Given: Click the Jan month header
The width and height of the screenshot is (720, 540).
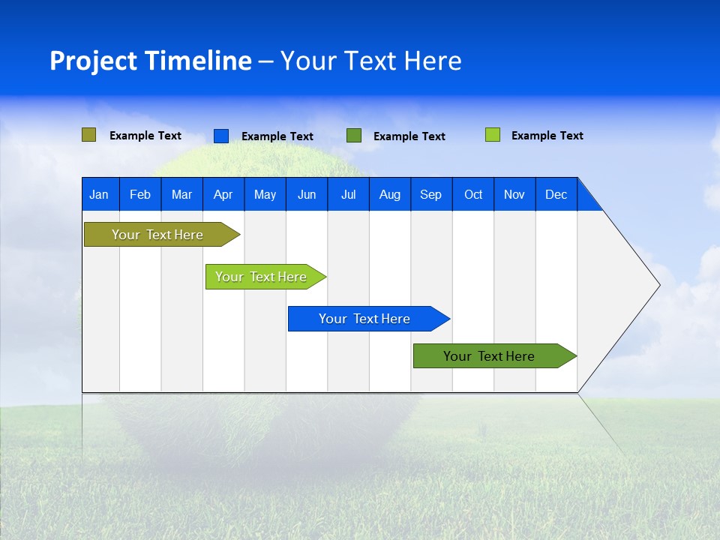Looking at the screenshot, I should point(99,194).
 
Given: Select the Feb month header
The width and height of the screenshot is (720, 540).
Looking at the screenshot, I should point(140,194).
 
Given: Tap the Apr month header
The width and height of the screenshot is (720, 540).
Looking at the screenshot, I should point(223,194).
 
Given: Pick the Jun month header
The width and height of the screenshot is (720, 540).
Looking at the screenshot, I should point(307,194).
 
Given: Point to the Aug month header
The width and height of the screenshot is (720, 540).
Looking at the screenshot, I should point(389,194).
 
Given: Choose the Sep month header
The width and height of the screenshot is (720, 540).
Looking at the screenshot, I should point(430,194).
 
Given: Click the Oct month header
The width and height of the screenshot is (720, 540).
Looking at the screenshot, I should point(473,194).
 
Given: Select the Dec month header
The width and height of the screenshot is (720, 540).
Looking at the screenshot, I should point(556,194).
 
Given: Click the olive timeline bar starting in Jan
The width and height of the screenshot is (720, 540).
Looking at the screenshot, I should point(157,235).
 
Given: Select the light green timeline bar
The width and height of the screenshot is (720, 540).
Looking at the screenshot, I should point(261,277).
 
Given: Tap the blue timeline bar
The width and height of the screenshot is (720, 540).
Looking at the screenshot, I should point(364,319).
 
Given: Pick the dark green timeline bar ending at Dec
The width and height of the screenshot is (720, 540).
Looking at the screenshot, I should point(489,356).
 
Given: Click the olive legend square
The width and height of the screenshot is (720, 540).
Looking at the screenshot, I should point(88,135).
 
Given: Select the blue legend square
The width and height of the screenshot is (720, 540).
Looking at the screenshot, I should point(220,136).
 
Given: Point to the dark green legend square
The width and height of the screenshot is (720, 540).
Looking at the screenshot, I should point(354,136).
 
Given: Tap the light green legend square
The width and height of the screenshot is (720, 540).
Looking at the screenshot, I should point(492,135).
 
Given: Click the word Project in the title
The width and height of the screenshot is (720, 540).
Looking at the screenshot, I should point(93,61).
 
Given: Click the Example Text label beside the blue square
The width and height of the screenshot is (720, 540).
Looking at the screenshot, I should point(277,136).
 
